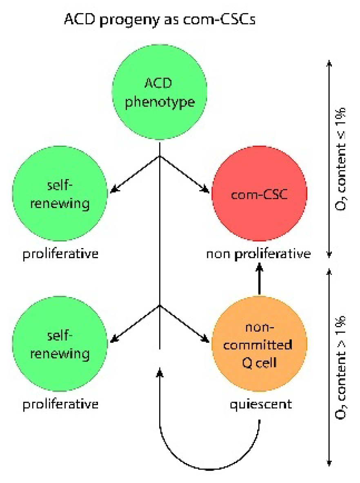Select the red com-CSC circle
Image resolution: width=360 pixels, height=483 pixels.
click(x=259, y=195)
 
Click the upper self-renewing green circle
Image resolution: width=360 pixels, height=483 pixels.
click(x=60, y=195)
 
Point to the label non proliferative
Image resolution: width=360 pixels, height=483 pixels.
click(x=258, y=254)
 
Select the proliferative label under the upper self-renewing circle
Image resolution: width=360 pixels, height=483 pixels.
click(x=60, y=254)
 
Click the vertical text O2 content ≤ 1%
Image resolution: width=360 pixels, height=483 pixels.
click(x=341, y=159)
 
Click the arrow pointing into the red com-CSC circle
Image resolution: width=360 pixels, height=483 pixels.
click(x=186, y=174)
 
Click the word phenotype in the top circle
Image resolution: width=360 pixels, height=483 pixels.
click(x=160, y=102)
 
